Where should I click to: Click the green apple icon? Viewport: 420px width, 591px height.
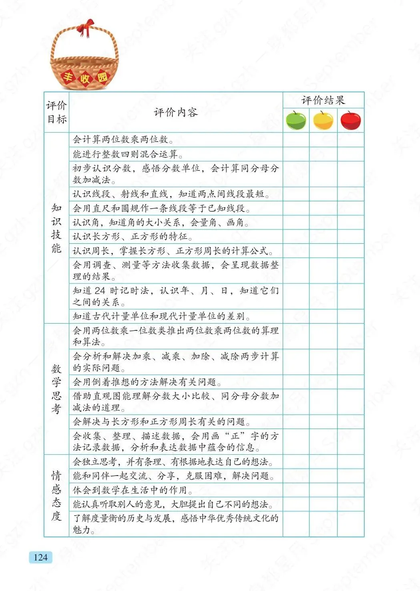(x=296, y=121)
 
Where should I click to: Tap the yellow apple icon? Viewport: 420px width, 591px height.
(x=323, y=121)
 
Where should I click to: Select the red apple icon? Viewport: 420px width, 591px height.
(x=350, y=121)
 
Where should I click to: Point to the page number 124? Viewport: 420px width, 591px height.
(x=40, y=557)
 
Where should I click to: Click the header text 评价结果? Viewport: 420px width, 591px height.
(x=323, y=100)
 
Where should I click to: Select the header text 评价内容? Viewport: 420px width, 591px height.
(x=176, y=112)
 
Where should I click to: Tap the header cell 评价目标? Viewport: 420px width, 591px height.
(x=56, y=112)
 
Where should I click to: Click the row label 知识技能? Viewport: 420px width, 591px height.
(x=56, y=228)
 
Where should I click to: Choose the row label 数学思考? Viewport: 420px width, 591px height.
(x=56, y=389)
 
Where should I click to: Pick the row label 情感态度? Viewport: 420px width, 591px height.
(x=56, y=496)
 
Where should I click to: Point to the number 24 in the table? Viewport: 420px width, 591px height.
(x=100, y=291)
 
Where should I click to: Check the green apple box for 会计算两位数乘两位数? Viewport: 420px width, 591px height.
(x=296, y=140)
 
